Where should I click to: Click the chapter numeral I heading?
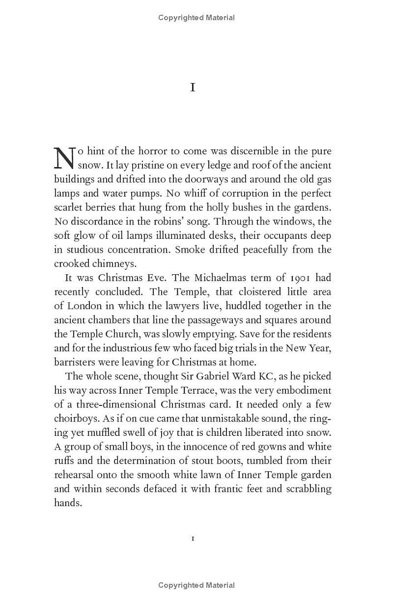tap(193, 87)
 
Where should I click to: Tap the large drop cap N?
tap(64, 158)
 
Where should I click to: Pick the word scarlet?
tap(69, 207)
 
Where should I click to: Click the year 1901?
tap(295, 278)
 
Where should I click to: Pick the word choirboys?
tap(75, 419)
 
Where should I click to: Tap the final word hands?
tap(67, 503)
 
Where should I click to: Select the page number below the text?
tap(193, 539)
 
